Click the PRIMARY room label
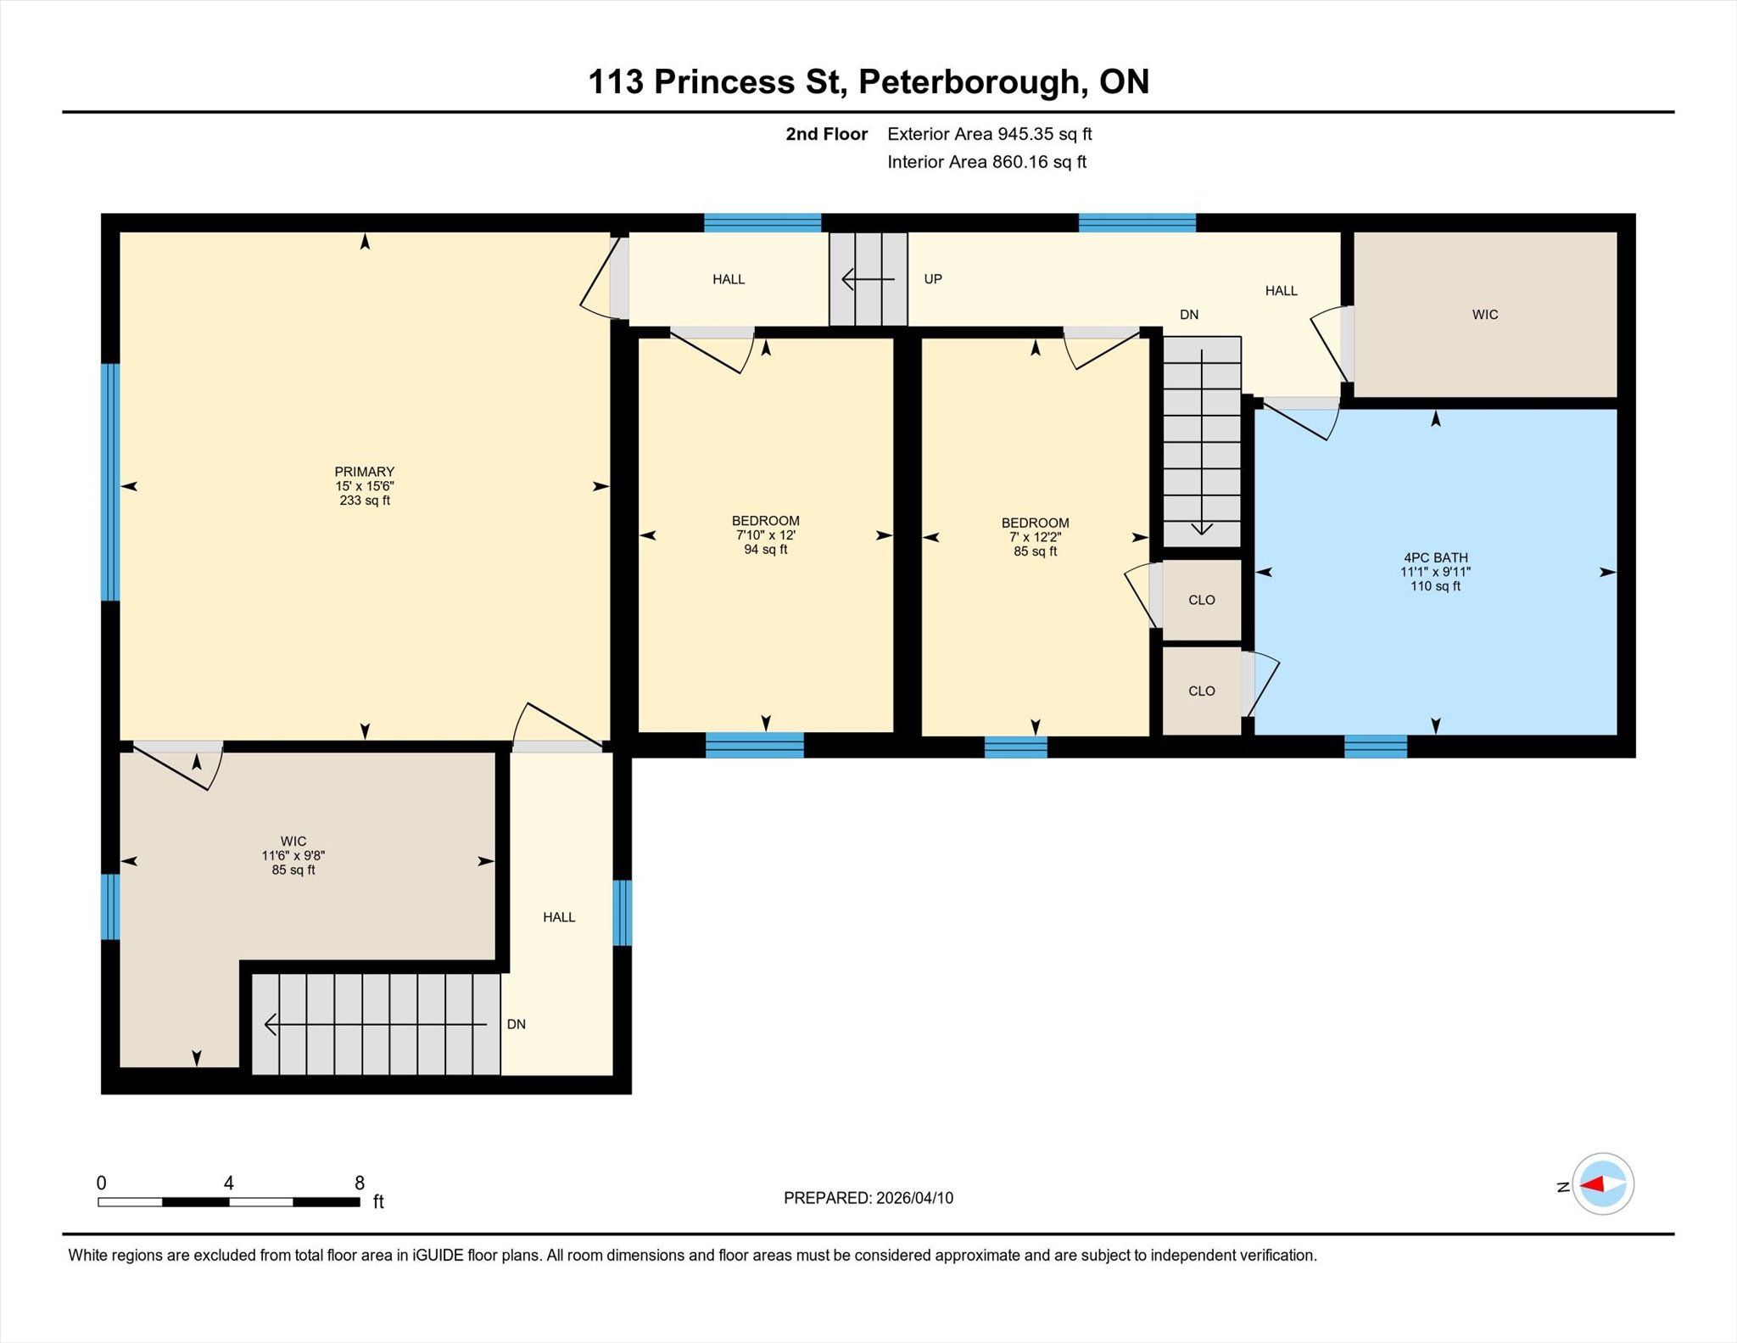point(365,472)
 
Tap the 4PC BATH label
point(1435,557)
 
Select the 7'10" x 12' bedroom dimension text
point(765,535)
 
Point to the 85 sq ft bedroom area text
point(1035,551)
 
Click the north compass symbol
point(1603,1184)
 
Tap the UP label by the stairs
point(933,279)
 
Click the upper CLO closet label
point(1202,600)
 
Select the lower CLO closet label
point(1202,691)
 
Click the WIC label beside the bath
point(1485,315)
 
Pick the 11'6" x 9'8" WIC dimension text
point(293,856)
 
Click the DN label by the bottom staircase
point(517,1024)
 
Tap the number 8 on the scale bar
point(360,1183)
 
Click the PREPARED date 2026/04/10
point(914,1198)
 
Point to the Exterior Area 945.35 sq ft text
point(990,134)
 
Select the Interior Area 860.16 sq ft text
point(986,162)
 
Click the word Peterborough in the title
point(971,82)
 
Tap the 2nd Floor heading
point(827,134)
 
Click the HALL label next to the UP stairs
point(729,279)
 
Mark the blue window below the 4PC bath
point(1376,747)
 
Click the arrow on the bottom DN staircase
point(376,1024)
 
